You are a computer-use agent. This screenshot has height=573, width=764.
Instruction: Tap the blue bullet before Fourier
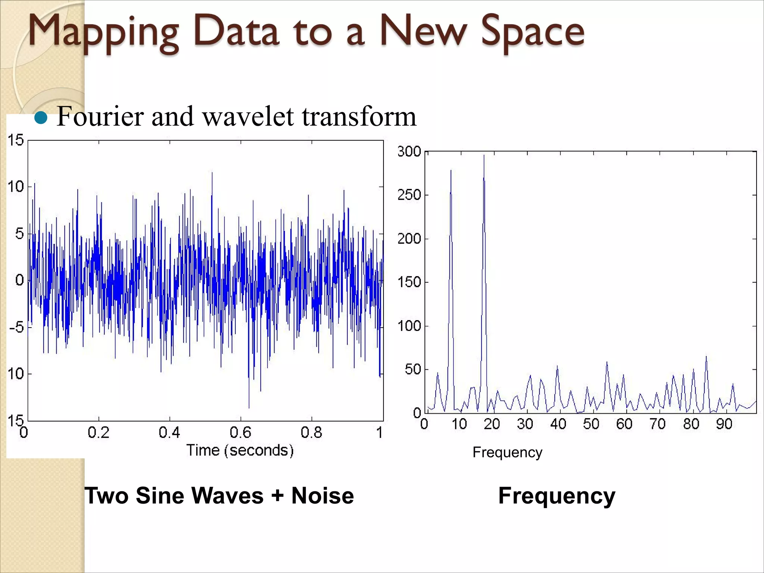(x=41, y=118)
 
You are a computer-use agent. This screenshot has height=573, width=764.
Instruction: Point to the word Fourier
(x=100, y=117)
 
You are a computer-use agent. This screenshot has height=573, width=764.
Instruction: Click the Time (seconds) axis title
(x=240, y=450)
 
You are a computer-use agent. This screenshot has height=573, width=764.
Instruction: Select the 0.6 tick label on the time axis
(x=240, y=432)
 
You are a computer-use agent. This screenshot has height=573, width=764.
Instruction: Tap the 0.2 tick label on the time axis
(x=98, y=432)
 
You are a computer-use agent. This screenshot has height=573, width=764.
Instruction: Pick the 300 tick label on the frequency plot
(x=409, y=151)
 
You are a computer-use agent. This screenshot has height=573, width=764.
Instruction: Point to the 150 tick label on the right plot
(x=409, y=282)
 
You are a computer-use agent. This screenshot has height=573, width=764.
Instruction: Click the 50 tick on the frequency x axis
(x=591, y=424)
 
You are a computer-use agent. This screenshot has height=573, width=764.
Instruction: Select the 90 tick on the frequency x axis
(x=724, y=424)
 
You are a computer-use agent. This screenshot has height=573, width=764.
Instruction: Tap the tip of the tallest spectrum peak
(x=484, y=156)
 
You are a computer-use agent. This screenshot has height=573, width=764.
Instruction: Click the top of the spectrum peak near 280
(x=451, y=171)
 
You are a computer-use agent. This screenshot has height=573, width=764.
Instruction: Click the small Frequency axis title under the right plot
(x=507, y=452)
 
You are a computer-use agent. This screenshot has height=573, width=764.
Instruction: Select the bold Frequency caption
(x=557, y=496)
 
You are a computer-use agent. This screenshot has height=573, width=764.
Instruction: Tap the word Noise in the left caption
(x=322, y=496)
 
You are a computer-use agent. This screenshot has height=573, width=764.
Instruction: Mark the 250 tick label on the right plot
(x=409, y=195)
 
